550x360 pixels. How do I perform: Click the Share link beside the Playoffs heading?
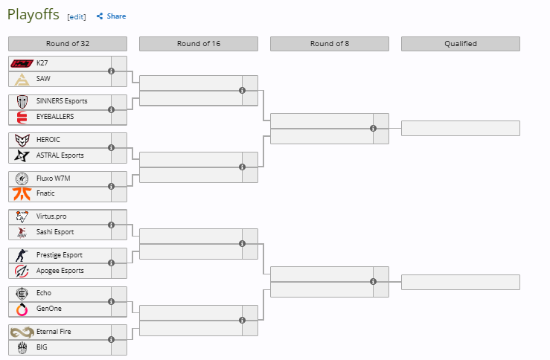click(111, 16)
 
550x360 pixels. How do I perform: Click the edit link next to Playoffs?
click(77, 17)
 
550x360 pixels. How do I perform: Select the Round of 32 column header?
click(68, 44)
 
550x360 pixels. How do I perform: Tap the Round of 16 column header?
click(199, 44)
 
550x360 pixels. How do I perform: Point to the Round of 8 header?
click(330, 44)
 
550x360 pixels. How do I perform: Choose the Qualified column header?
click(461, 44)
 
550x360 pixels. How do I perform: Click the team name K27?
click(42, 63)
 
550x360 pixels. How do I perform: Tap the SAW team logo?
click(22, 80)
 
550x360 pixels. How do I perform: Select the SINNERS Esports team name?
click(62, 101)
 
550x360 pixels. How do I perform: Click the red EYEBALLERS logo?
click(22, 118)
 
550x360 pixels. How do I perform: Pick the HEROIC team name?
click(48, 140)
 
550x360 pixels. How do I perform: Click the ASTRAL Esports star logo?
click(22, 155)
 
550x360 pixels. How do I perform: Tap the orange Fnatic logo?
click(22, 193)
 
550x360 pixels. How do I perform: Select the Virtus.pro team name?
click(51, 216)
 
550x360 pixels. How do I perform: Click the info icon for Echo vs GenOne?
click(111, 301)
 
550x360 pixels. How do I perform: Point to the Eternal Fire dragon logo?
click(22, 332)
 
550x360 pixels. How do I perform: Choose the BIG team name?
click(42, 347)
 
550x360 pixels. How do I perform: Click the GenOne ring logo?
click(22, 309)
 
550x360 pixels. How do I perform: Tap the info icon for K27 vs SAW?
click(111, 71)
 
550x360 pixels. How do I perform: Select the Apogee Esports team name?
click(60, 271)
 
